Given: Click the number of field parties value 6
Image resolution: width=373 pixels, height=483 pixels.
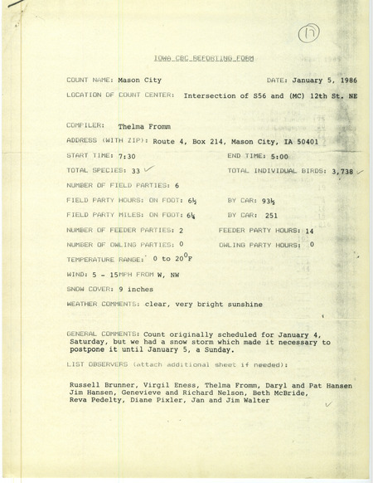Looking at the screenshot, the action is point(177,187).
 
